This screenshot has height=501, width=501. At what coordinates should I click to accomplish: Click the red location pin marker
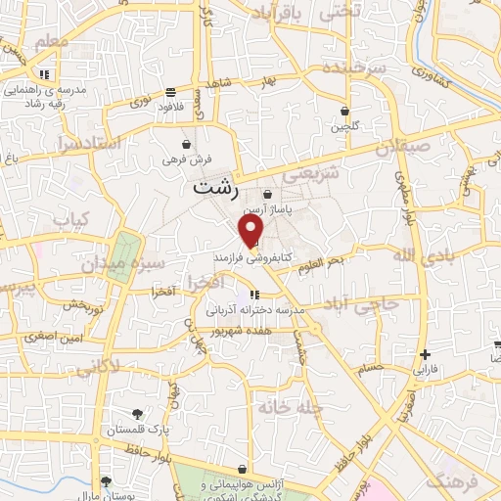point(252,231)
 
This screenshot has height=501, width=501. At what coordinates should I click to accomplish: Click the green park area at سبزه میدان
point(122,254)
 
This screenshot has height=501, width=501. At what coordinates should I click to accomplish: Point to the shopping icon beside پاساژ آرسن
point(267,195)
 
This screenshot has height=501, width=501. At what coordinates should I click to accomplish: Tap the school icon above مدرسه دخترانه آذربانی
point(254,294)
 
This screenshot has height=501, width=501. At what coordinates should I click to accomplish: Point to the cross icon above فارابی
point(424,354)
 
